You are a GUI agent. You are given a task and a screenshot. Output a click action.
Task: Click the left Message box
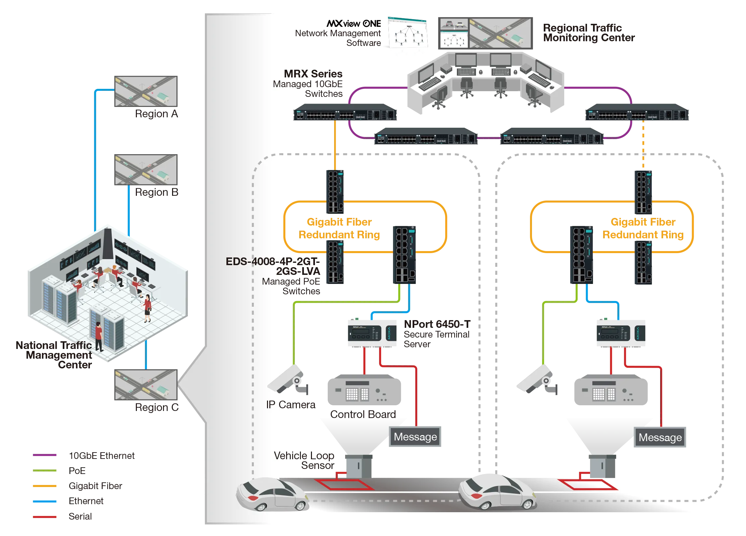(x=415, y=437)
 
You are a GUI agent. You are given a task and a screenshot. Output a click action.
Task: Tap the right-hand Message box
(x=660, y=437)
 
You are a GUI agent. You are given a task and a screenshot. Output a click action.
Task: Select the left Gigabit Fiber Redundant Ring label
(x=339, y=228)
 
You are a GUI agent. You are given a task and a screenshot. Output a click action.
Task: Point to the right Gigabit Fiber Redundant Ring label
(x=643, y=228)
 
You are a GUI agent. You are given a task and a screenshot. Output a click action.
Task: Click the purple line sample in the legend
(x=45, y=456)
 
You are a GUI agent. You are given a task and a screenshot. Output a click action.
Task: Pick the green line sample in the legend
(x=45, y=471)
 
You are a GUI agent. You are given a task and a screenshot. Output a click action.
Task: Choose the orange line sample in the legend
(x=45, y=486)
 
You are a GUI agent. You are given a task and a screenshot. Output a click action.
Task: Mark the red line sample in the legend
(x=45, y=517)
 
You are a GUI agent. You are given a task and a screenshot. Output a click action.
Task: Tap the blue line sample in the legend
(x=45, y=501)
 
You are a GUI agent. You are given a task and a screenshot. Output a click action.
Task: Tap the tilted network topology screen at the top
(x=408, y=37)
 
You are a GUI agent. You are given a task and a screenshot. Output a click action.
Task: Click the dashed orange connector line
(x=643, y=144)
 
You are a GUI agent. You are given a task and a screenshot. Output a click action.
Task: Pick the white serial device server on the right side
(x=621, y=333)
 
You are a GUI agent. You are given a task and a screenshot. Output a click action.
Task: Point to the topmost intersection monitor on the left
(x=146, y=91)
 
